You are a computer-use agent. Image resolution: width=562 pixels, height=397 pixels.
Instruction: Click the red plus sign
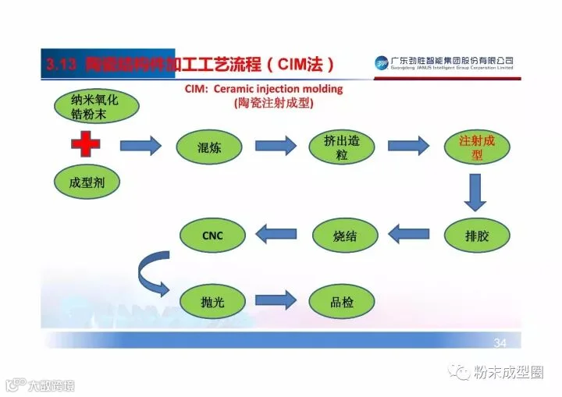point(86,146)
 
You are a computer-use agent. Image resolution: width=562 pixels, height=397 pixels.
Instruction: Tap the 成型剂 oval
point(87,183)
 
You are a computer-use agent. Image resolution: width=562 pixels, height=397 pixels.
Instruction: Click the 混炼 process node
point(210,147)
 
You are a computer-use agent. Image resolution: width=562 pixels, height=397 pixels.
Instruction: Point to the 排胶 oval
point(476,235)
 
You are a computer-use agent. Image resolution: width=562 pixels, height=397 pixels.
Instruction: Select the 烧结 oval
point(345,235)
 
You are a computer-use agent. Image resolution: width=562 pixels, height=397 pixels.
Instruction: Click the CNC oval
point(212,235)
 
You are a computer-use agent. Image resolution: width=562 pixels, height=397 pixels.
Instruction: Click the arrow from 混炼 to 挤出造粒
point(276,146)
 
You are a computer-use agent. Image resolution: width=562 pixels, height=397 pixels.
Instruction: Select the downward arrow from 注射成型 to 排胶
point(476,192)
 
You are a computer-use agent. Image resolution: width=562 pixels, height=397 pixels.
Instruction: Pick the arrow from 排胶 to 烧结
point(410,232)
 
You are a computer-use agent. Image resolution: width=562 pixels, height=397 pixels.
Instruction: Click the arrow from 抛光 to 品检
point(276,300)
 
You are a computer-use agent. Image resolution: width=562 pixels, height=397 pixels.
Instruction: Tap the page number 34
point(500,343)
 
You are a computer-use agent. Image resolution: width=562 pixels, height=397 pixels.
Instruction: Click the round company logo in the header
point(381,62)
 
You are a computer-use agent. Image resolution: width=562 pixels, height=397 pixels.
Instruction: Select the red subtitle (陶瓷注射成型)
point(277,104)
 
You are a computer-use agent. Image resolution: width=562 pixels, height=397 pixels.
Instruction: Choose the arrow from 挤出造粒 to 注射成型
point(409,146)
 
